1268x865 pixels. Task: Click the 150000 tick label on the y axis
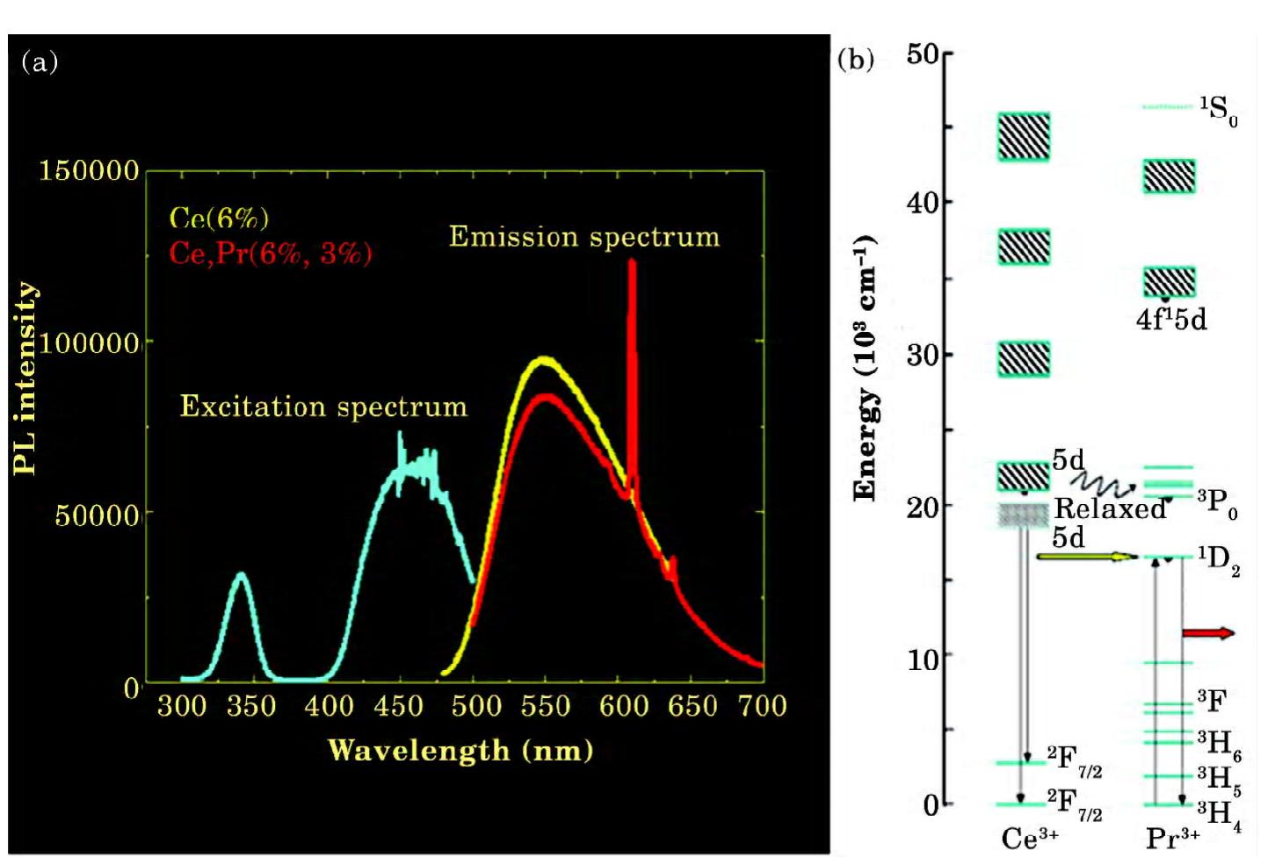(x=89, y=170)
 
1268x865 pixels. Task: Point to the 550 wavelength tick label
(x=545, y=706)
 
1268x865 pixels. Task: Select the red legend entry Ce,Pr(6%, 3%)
(x=271, y=254)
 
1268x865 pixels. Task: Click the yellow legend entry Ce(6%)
(x=219, y=219)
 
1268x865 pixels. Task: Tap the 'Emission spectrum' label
(x=584, y=237)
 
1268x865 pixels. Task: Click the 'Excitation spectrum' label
(x=323, y=407)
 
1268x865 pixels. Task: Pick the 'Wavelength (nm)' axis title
(x=460, y=750)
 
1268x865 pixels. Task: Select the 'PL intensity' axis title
(x=25, y=378)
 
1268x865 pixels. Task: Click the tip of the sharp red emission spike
(x=631, y=262)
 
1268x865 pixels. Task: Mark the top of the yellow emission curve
(x=544, y=358)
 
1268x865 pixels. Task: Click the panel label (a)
(x=39, y=61)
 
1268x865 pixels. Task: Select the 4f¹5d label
(x=1171, y=319)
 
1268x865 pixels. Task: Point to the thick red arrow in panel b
(x=1208, y=633)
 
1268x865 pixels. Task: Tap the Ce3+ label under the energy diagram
(x=1029, y=839)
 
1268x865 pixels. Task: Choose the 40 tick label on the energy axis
(x=923, y=203)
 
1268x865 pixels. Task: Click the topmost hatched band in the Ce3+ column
(x=1024, y=137)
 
